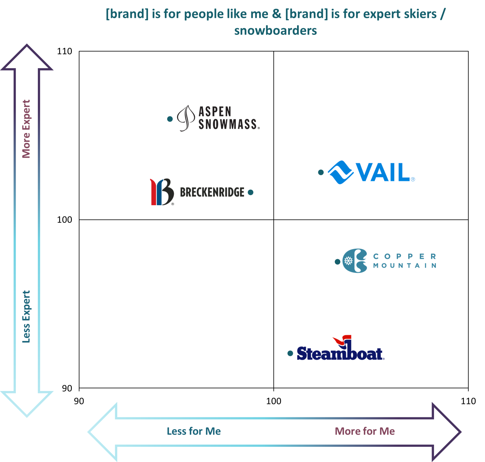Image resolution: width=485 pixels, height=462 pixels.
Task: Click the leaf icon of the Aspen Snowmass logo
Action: pos(186,118)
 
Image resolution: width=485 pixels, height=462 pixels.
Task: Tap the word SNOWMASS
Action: pos(229,124)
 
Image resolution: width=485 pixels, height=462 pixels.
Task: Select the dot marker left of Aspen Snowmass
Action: pos(170,121)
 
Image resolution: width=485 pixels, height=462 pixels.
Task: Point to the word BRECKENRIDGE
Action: pos(212,192)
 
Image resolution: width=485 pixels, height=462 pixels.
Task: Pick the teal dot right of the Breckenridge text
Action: pos(250,192)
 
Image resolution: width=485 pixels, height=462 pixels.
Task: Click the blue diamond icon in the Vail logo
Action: pos(339,172)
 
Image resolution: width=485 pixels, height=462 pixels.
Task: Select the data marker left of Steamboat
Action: pos(290,354)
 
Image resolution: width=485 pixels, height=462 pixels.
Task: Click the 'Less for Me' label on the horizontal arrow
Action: pos(193,431)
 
